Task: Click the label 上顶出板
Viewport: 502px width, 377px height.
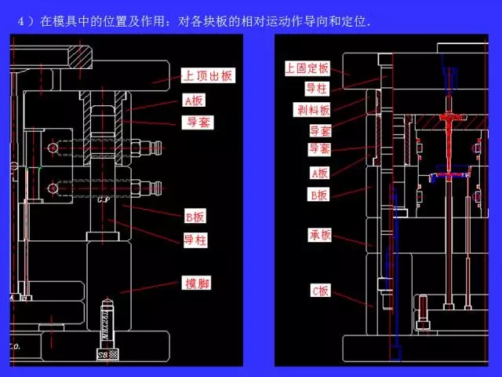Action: pyautogui.click(x=208, y=76)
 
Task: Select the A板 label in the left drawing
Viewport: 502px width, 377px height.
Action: pyautogui.click(x=193, y=101)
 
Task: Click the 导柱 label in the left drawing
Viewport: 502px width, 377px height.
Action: pyautogui.click(x=195, y=240)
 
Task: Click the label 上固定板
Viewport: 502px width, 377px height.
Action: pyautogui.click(x=307, y=69)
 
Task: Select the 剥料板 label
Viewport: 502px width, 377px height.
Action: pyautogui.click(x=313, y=110)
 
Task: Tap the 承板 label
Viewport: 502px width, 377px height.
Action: pyautogui.click(x=320, y=235)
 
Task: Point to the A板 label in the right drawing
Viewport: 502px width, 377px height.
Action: pyautogui.click(x=319, y=174)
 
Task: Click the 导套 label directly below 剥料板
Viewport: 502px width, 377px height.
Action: pyautogui.click(x=320, y=130)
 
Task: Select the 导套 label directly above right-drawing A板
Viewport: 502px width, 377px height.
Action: pyautogui.click(x=319, y=149)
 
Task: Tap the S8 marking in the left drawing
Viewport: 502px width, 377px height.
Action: pyautogui.click(x=103, y=356)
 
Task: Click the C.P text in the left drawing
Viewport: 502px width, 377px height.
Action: pyautogui.click(x=102, y=199)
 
